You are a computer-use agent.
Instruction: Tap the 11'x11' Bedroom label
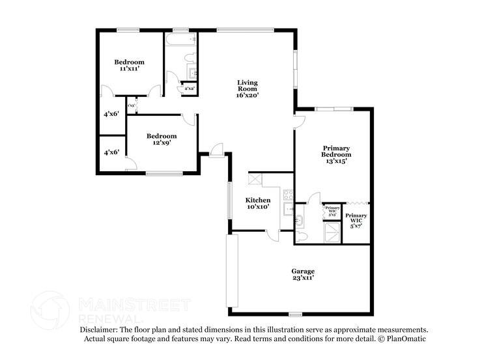click(130, 65)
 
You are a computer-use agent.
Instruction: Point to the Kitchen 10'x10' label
click(257, 203)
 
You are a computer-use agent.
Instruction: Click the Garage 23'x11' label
click(303, 274)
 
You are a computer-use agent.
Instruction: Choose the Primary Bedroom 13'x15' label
click(337, 154)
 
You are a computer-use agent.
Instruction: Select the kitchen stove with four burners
click(289, 194)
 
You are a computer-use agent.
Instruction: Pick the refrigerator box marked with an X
click(255, 180)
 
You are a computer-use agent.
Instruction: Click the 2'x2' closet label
click(190, 88)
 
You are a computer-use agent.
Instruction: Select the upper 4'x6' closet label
click(111, 115)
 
